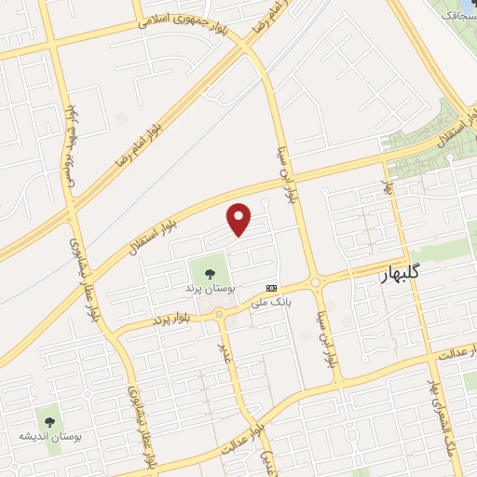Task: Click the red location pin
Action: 240,218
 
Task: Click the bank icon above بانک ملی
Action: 271,288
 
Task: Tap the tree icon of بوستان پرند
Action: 208,273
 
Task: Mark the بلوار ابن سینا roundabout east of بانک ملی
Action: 316,281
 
